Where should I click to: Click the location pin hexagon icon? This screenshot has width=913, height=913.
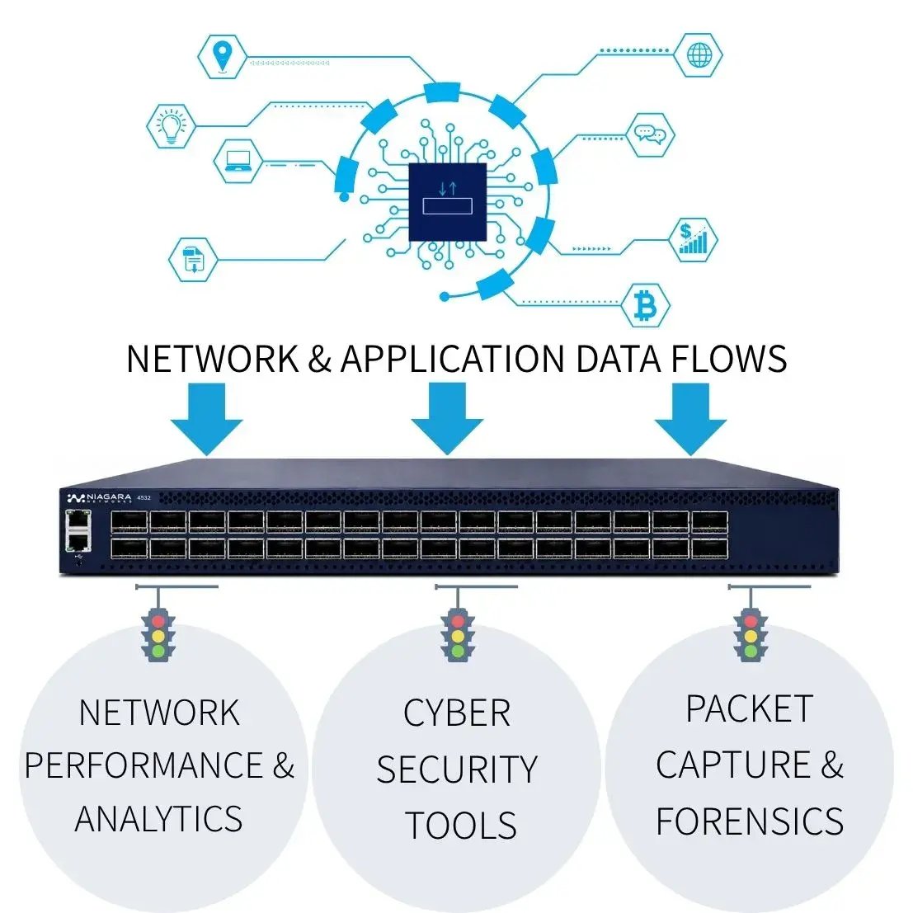222,56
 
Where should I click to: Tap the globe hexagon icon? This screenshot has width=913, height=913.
699,55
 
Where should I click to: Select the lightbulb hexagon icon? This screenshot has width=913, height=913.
172,125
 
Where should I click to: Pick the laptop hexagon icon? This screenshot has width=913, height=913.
238,162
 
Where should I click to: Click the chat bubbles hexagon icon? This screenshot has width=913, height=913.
651,134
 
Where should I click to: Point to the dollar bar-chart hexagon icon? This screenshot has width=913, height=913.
693,239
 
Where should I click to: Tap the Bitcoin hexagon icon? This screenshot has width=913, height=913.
645,305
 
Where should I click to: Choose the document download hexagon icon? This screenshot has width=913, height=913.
193,260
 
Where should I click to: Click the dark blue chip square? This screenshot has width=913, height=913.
447,201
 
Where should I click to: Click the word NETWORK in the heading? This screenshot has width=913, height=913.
213,359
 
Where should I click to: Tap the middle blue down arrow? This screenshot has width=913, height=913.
447,419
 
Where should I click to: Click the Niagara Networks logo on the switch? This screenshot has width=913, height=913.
100,498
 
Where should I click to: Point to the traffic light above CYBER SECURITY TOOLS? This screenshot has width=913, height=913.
459,635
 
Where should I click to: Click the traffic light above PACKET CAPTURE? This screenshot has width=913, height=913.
751,635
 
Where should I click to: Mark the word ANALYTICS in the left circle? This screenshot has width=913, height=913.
158,819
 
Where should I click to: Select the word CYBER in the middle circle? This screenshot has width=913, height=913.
457,713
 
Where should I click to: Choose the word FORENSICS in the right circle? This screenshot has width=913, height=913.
750,821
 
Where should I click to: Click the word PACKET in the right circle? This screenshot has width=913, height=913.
750,708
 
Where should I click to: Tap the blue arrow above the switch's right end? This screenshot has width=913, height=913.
690,419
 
